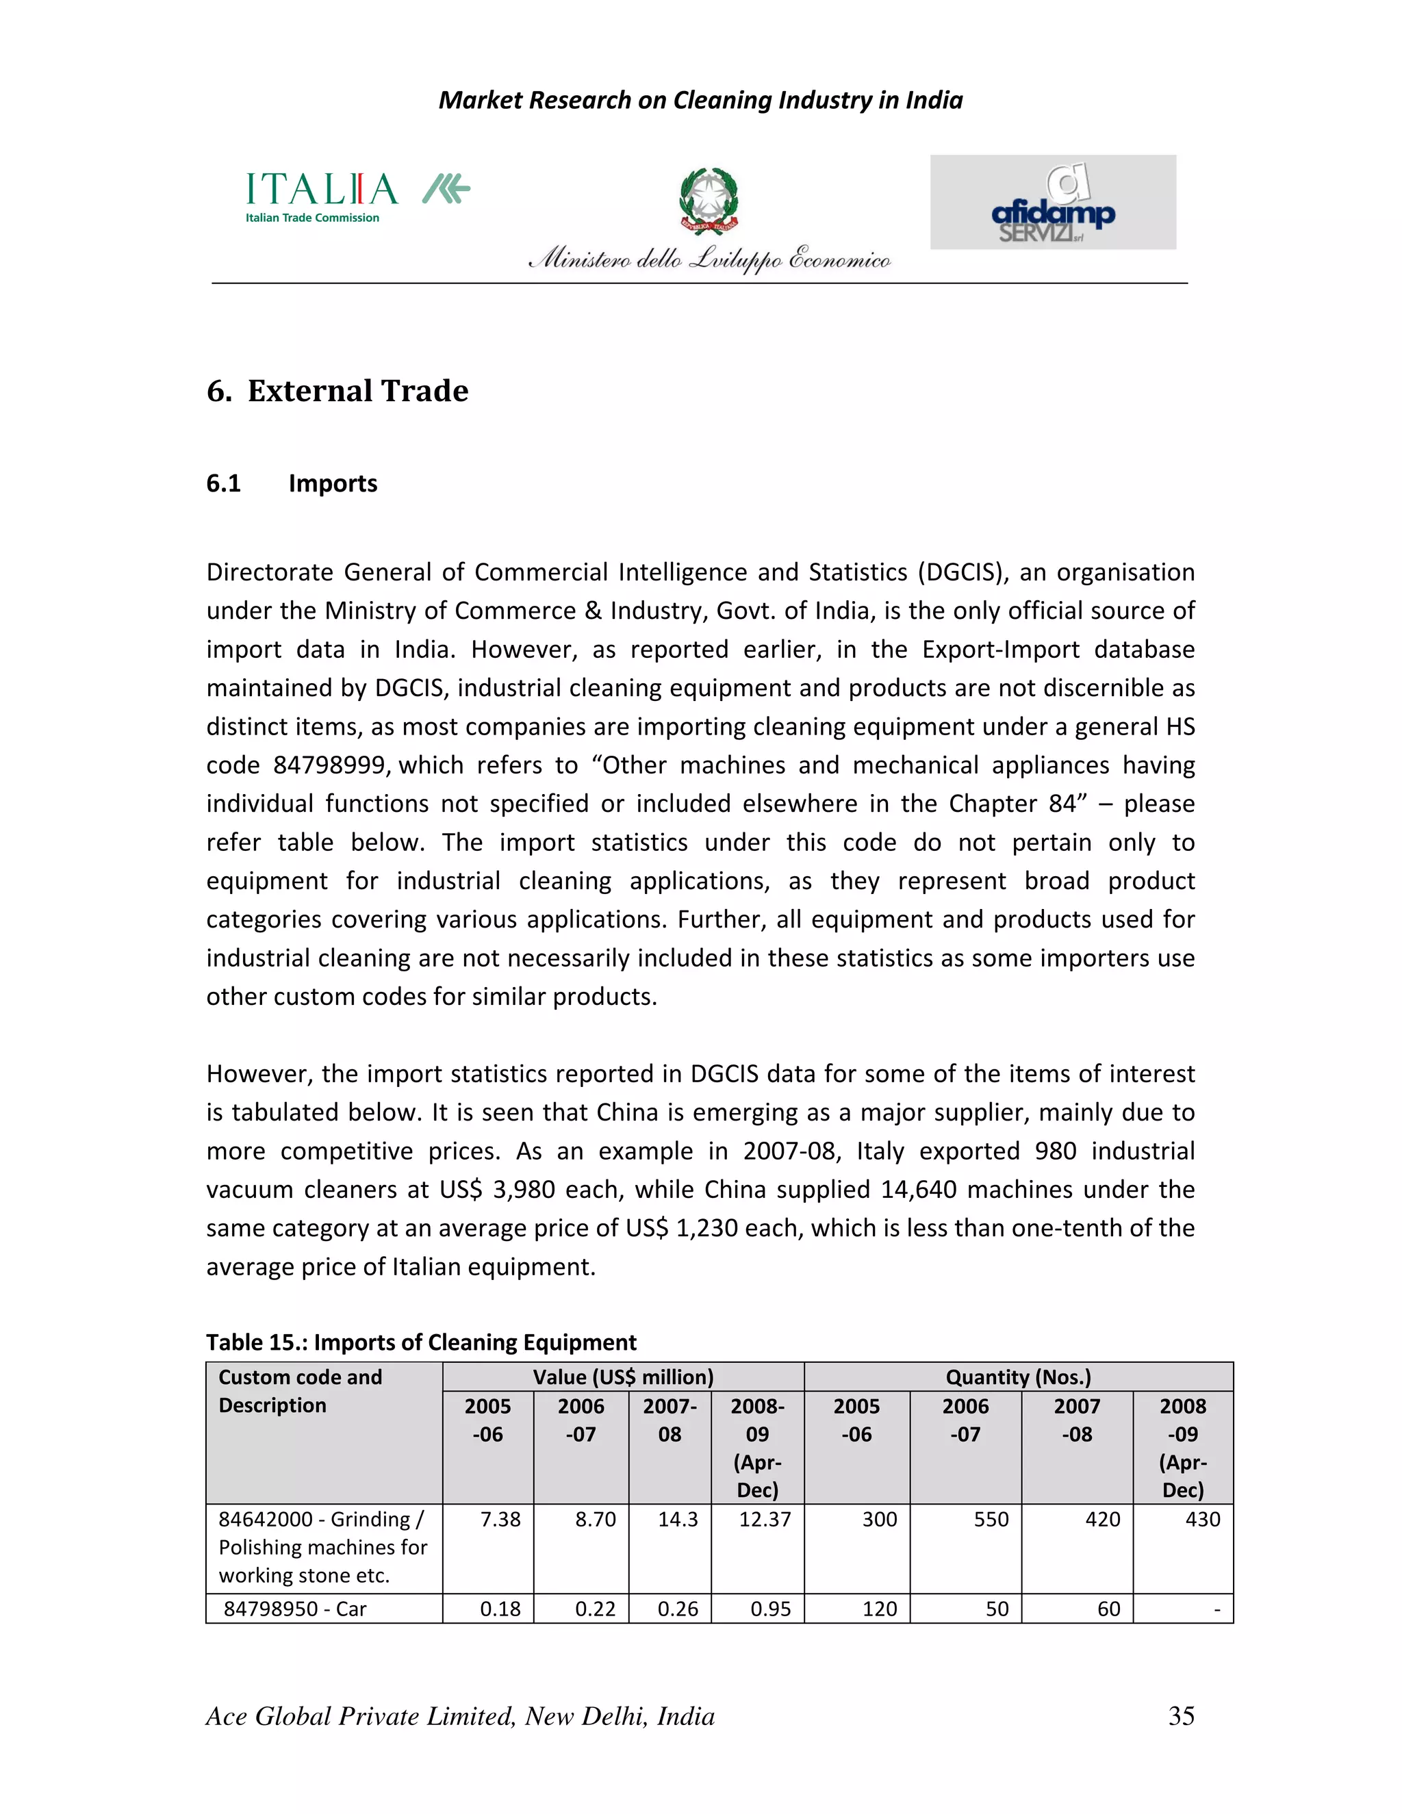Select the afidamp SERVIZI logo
(x=1052, y=203)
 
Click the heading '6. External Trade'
(x=337, y=390)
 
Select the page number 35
(x=1180, y=1715)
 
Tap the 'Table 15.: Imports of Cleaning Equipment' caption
(x=421, y=1342)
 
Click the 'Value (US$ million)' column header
(x=623, y=1377)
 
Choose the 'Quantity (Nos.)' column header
(x=1017, y=1377)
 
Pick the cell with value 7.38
(x=500, y=1519)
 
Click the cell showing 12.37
(x=764, y=1519)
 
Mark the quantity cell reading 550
(x=990, y=1519)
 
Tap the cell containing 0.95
(x=770, y=1609)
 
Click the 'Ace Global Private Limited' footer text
(x=459, y=1716)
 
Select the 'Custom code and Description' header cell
(x=300, y=1391)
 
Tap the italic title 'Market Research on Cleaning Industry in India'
(x=700, y=101)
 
